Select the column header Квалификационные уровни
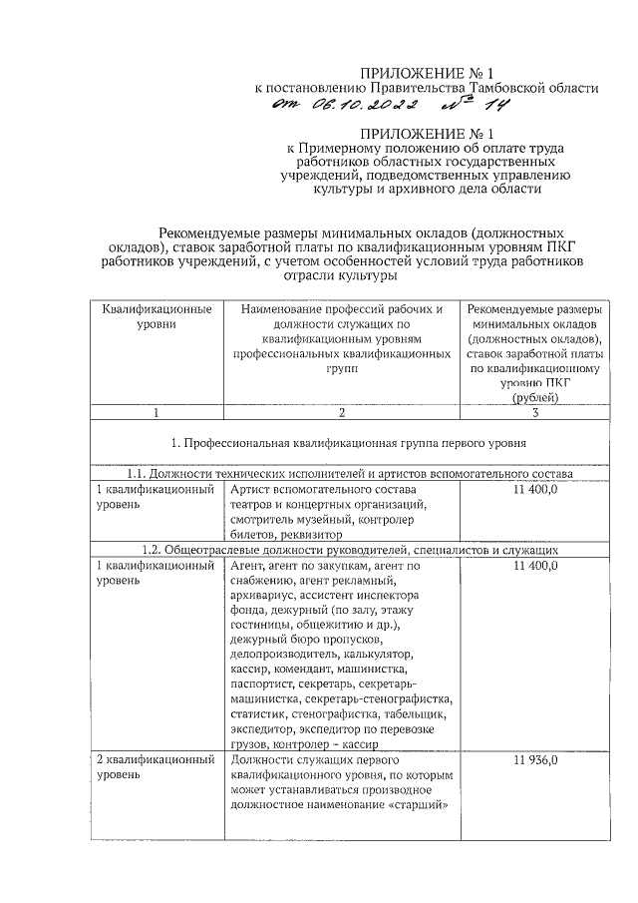(x=157, y=316)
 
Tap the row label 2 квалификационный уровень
(x=157, y=767)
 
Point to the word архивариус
(x=262, y=596)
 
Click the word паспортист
(x=261, y=684)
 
